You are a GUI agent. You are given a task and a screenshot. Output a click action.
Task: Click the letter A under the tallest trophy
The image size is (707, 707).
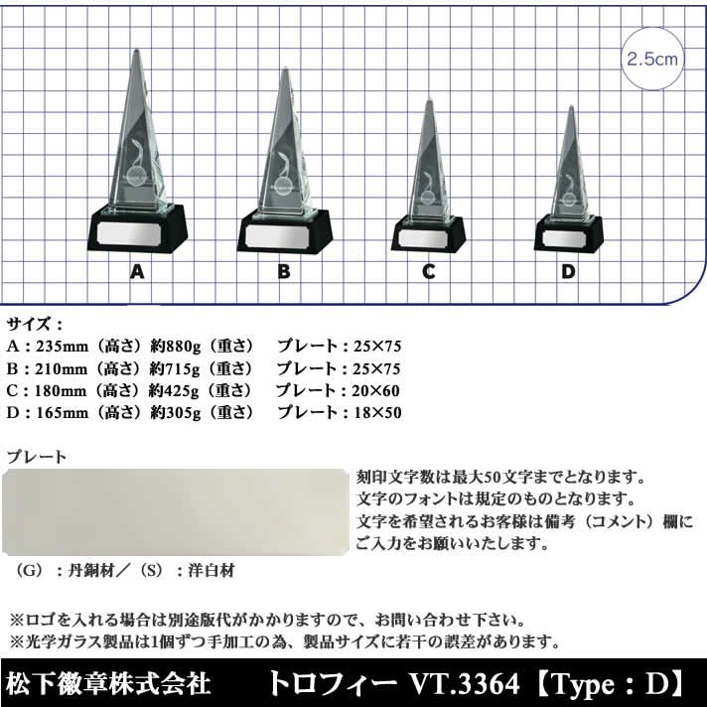pos(137,271)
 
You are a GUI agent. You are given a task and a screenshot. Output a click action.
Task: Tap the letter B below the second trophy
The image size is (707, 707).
pos(284,271)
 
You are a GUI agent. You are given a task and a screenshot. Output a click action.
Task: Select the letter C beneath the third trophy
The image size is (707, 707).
pos(429,271)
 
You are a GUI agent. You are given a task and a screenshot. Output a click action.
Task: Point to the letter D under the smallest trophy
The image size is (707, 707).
pos(568,271)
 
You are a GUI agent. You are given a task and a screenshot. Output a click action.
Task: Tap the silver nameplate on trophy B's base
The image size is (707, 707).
pos(280,235)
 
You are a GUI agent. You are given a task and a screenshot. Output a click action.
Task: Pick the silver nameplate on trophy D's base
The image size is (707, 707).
pos(564,238)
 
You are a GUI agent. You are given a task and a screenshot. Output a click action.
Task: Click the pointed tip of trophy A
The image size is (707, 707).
pos(137,49)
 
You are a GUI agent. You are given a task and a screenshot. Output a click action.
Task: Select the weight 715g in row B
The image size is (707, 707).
pos(183,368)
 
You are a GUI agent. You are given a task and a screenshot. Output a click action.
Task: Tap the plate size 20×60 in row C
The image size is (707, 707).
pos(375,390)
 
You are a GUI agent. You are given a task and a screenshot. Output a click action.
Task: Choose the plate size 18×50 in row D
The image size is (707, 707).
pos(377,412)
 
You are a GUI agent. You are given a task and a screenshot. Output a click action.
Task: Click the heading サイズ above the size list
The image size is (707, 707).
pos(29,324)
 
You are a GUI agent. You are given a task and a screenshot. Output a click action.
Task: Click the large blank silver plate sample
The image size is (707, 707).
pos(176,512)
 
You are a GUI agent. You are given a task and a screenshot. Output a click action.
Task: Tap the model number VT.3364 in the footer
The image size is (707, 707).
pos(464,683)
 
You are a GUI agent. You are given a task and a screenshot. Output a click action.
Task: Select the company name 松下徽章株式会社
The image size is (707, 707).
pos(108,683)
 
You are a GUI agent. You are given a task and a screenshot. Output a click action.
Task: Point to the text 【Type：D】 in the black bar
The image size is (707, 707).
pos(610,683)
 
